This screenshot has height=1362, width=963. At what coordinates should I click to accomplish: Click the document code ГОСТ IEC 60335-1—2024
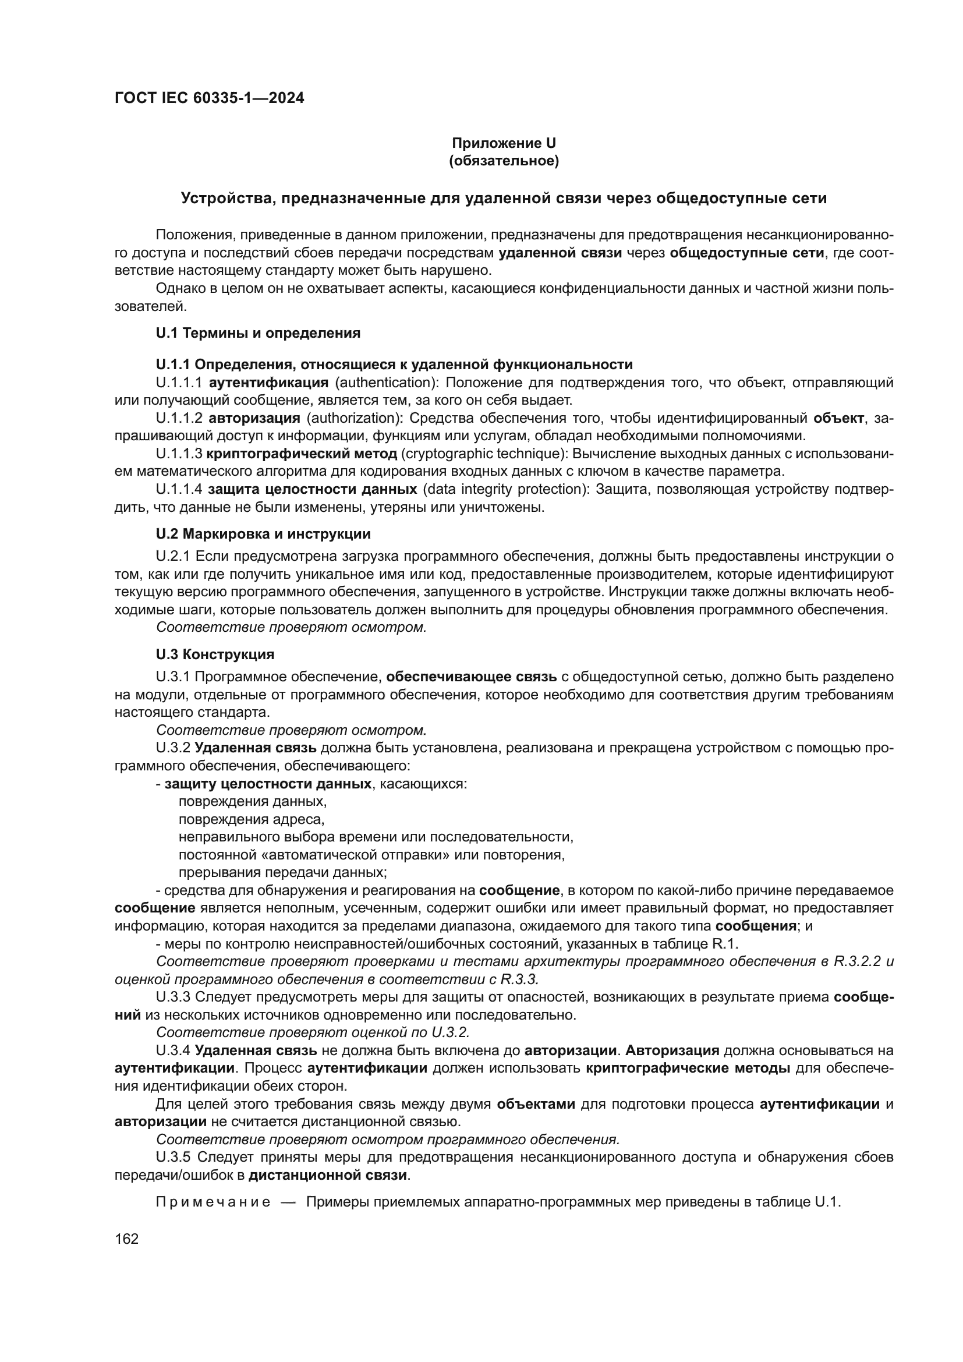point(210,98)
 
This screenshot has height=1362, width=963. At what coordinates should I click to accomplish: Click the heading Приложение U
point(504,143)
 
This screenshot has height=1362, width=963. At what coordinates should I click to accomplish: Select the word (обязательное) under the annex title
point(504,161)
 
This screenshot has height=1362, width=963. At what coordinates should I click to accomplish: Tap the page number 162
point(126,1239)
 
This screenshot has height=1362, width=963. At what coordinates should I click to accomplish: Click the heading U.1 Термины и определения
point(258,333)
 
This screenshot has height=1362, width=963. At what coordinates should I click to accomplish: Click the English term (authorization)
point(354,418)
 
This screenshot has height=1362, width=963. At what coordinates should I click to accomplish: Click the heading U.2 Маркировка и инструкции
point(263,534)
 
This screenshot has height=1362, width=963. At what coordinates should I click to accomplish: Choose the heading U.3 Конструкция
point(215,655)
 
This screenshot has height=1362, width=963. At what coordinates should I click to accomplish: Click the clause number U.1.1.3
point(179,454)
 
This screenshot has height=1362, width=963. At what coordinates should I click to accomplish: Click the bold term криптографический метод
point(302,454)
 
